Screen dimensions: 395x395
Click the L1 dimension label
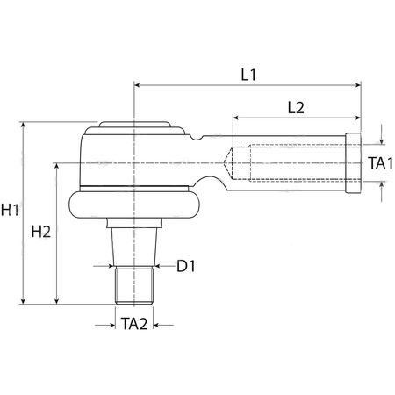(x=248, y=75)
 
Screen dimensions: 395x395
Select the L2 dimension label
(x=296, y=108)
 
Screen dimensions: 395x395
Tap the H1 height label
(x=10, y=210)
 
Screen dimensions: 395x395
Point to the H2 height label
(x=41, y=232)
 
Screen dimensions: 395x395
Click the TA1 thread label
(x=380, y=162)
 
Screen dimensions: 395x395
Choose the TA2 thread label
(x=134, y=324)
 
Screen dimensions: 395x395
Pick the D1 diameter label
(x=186, y=266)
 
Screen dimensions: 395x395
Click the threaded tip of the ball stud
(x=134, y=285)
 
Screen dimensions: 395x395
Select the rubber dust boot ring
(x=134, y=205)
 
